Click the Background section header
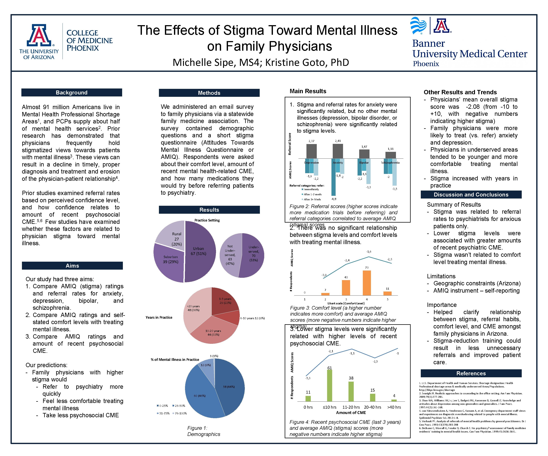point(72,92)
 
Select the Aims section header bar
point(72,265)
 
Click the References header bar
point(471,373)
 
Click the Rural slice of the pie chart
point(170,232)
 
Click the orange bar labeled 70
point(367,283)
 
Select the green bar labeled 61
point(330,385)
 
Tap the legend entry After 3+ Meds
point(312,199)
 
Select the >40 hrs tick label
point(394,407)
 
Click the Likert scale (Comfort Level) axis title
point(346,303)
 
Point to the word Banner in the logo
point(428,43)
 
